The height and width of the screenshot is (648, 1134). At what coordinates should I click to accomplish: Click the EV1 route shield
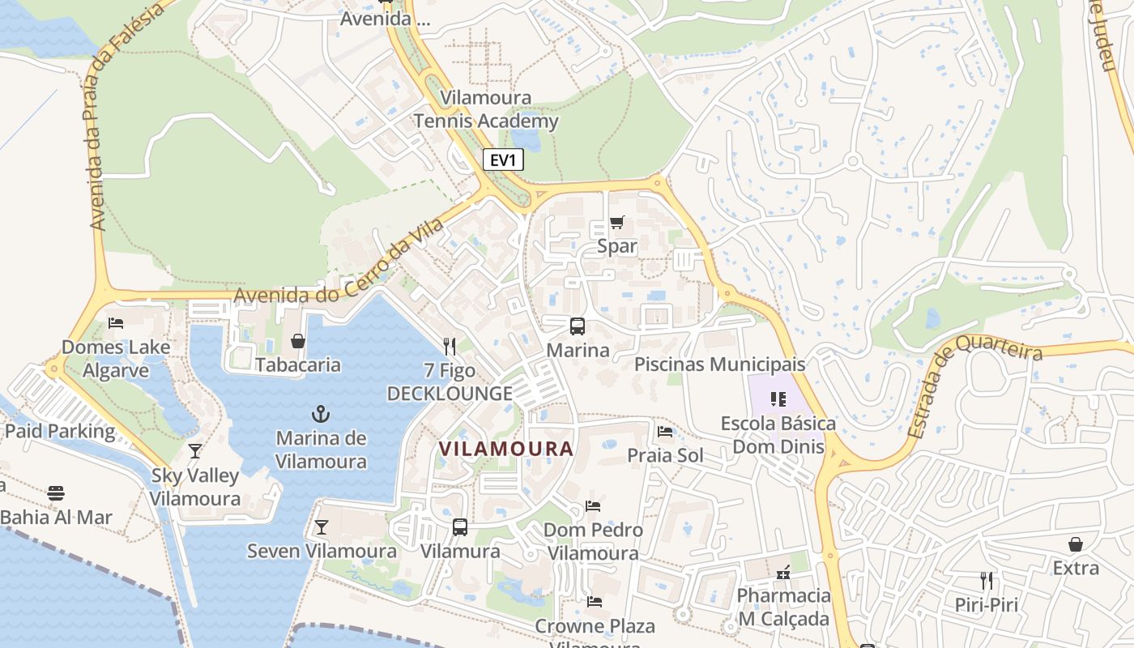click(503, 160)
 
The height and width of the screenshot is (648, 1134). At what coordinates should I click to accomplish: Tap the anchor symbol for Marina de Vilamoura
click(322, 414)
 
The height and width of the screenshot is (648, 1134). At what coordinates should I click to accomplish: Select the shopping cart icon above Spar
click(617, 222)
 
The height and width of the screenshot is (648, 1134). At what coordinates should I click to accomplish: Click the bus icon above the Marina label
click(578, 326)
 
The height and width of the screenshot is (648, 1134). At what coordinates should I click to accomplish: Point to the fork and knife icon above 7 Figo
click(450, 347)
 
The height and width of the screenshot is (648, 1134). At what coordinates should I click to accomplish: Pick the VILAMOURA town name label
click(506, 449)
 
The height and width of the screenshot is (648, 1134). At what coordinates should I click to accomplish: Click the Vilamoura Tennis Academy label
click(486, 109)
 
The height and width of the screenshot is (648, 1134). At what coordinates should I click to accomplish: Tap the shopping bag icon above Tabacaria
click(298, 341)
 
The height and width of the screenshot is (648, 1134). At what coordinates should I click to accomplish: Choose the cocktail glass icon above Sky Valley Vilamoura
click(195, 451)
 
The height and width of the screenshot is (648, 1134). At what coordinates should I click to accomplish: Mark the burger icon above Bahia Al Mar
click(56, 492)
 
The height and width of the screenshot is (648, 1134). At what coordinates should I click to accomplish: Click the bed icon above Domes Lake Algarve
click(116, 322)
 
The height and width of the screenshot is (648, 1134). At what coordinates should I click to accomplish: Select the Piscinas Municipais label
click(719, 364)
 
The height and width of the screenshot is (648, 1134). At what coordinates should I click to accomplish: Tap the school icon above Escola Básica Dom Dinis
click(778, 399)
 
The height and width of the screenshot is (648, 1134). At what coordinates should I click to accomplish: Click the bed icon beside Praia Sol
click(665, 431)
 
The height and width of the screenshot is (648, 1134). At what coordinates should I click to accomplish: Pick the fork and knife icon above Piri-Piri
click(987, 580)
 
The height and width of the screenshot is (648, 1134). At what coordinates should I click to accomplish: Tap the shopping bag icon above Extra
click(1076, 544)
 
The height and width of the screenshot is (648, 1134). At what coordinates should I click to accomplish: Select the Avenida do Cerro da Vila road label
click(340, 263)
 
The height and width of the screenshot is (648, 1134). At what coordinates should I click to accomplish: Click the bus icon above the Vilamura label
click(460, 526)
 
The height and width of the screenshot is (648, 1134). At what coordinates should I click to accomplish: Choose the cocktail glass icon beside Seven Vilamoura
click(322, 527)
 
